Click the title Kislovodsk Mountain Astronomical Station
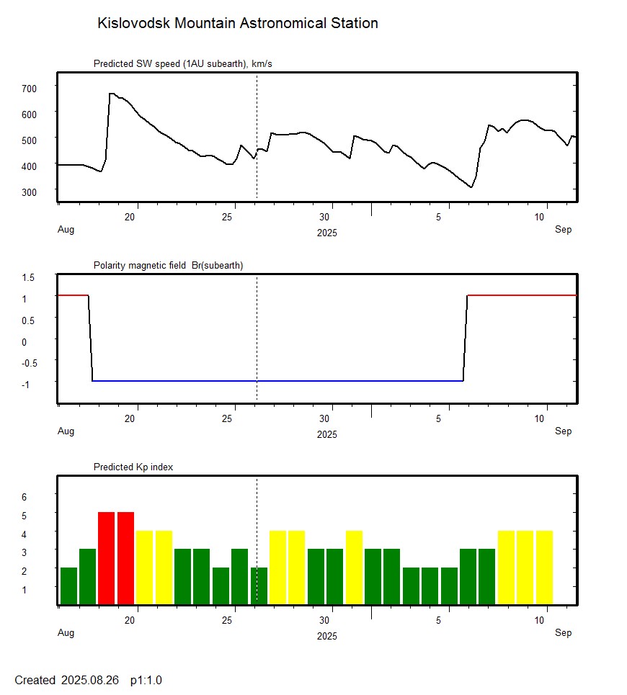237,24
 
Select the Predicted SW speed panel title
182,64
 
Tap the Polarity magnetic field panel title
168,266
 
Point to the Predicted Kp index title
133,467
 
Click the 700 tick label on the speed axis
29,88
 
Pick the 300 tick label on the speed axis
29,192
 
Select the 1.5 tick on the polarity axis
29,277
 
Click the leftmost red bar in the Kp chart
107,557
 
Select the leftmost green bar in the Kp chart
68,586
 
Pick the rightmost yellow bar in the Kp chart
544,567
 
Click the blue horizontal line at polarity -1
277,380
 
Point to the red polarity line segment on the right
522,295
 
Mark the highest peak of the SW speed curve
111,94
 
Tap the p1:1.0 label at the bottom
146,680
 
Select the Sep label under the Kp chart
563,632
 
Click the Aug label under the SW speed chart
66,230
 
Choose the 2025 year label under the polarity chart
326,434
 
